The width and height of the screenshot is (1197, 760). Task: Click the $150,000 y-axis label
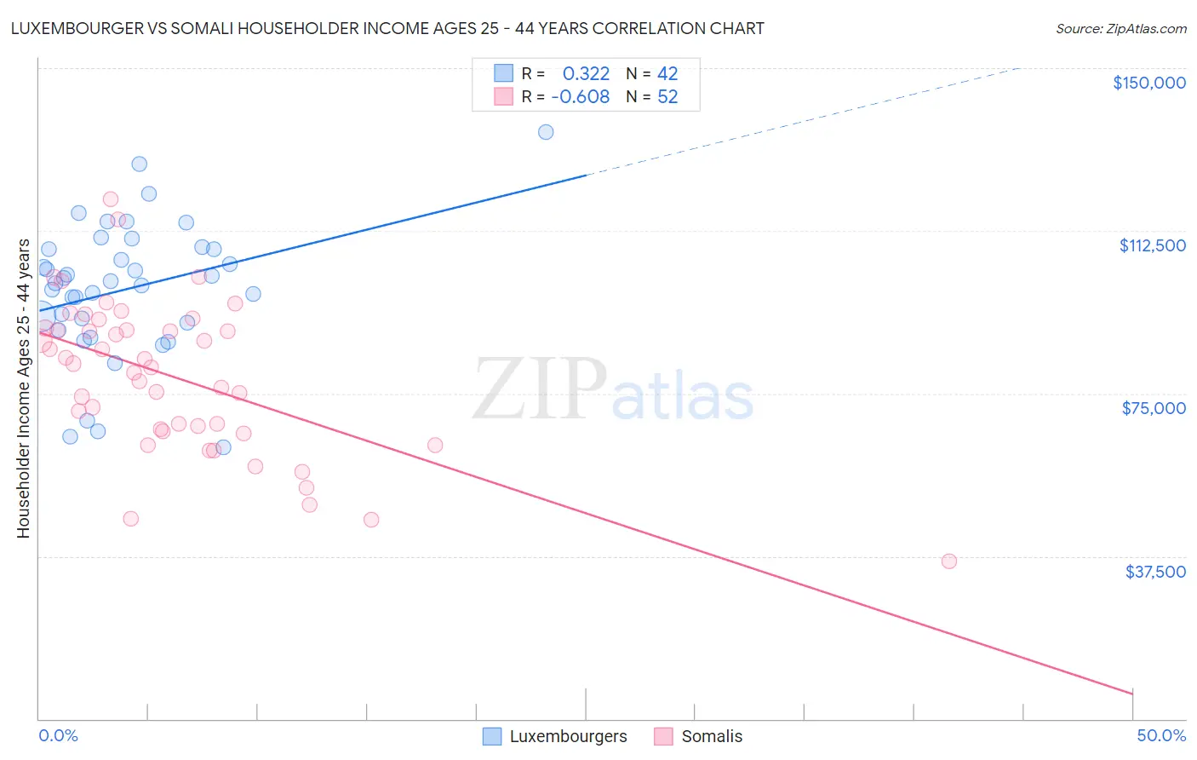click(x=1148, y=83)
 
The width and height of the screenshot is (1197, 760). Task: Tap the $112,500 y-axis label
click(x=1152, y=245)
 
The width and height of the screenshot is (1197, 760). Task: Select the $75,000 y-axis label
click(x=1153, y=408)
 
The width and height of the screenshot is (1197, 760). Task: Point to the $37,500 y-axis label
click(x=1154, y=572)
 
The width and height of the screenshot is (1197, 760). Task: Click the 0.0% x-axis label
click(x=58, y=735)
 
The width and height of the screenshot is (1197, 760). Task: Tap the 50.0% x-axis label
click(x=1160, y=735)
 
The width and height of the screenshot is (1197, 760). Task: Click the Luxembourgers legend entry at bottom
click(x=555, y=736)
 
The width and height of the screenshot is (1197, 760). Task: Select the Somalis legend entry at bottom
click(x=699, y=736)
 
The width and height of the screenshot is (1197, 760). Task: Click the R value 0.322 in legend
click(x=586, y=74)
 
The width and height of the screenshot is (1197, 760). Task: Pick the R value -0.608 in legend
click(x=581, y=97)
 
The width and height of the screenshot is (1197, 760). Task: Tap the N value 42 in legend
click(x=667, y=74)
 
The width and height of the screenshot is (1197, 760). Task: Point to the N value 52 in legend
click(x=667, y=97)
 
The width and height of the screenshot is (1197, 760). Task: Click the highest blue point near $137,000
click(x=546, y=132)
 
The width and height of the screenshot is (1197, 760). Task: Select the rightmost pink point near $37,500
click(x=949, y=561)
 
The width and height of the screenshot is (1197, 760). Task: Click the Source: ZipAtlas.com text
click(x=1120, y=29)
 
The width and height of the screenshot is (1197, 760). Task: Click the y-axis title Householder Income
click(x=23, y=389)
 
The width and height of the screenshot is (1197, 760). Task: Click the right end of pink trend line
click(x=1131, y=694)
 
